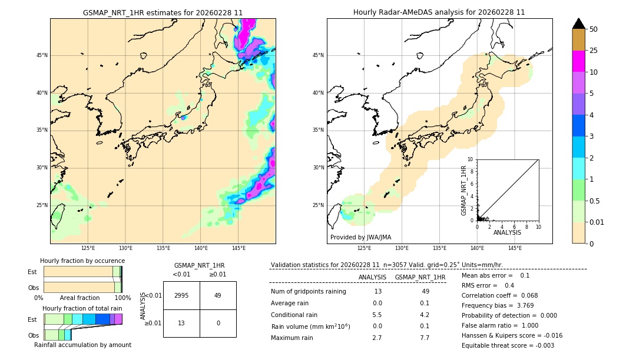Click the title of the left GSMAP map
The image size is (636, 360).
(163, 12)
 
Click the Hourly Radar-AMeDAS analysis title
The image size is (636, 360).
(439, 12)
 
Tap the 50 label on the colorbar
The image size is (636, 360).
(594, 29)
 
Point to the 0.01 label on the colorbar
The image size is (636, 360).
(597, 222)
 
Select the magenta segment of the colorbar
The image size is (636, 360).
(579, 61)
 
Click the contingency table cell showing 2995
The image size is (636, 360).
(181, 295)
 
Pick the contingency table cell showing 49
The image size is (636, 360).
(217, 295)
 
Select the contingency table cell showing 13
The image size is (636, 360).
(181, 323)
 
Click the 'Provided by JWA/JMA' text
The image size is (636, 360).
(360, 238)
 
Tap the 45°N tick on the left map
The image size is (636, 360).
(42, 55)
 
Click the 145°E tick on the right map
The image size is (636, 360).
(515, 248)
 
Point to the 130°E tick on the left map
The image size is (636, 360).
(125, 248)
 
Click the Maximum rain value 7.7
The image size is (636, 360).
(425, 338)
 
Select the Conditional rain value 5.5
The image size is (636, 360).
(377, 315)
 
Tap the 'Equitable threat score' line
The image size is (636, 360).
(508, 345)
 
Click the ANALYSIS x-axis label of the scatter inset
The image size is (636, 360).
(507, 232)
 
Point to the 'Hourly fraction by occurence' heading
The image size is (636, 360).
(82, 261)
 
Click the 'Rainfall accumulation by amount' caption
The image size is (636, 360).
(82, 345)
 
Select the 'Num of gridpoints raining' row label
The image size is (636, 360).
(308, 292)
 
